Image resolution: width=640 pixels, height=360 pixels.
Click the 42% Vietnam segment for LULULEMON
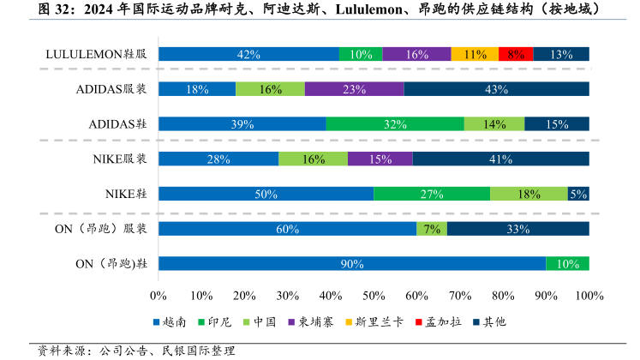tap(248, 54)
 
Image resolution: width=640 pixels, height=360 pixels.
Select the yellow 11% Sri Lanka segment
tap(475, 54)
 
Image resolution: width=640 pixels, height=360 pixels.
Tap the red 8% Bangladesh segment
tap(516, 54)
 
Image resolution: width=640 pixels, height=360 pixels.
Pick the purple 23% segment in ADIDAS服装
tap(354, 89)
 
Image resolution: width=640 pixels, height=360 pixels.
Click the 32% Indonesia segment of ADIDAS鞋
tap(395, 123)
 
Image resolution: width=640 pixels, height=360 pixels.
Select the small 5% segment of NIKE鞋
tap(578, 194)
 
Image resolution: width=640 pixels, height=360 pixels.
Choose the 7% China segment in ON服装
tap(432, 229)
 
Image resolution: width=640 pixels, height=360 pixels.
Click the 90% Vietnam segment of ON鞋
tap(352, 263)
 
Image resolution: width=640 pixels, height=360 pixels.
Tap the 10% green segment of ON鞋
tap(567, 263)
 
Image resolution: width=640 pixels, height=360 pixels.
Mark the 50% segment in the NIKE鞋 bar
tap(266, 194)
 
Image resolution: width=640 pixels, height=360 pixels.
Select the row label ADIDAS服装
tap(111, 89)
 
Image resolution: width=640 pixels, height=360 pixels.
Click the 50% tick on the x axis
tap(374, 296)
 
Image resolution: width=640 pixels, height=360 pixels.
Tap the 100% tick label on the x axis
tap(589, 296)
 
